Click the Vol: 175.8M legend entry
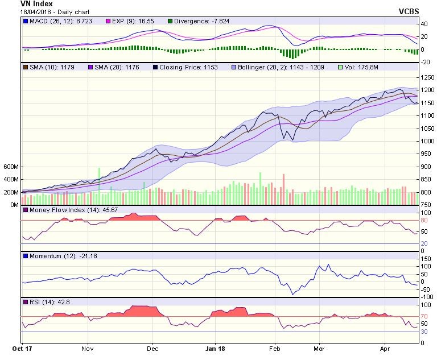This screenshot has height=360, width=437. pyautogui.click(x=358, y=68)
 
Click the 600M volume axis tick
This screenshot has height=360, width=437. pyautogui.click(x=11, y=167)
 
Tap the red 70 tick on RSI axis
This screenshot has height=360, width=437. pyautogui.click(x=424, y=316)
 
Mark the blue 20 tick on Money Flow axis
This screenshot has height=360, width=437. pyautogui.click(x=424, y=243)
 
